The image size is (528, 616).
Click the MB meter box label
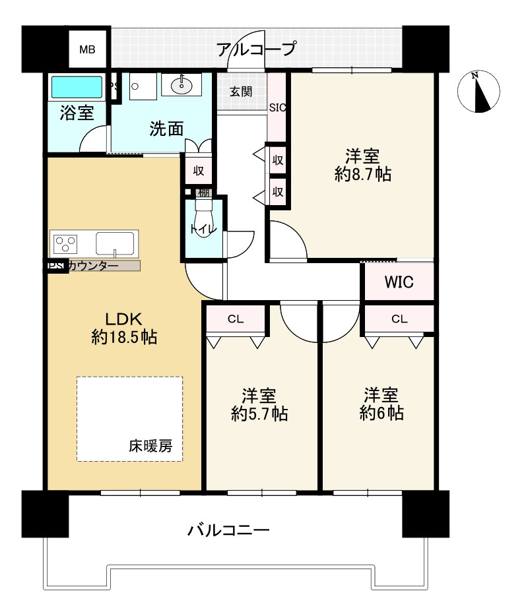pyautogui.click(x=87, y=49)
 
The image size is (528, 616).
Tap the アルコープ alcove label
pyautogui.click(x=255, y=49)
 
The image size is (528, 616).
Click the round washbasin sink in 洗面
pyautogui.click(x=181, y=84)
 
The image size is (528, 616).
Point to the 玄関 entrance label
pyautogui.click(x=240, y=92)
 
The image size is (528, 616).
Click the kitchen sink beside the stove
pyautogui.click(x=115, y=243)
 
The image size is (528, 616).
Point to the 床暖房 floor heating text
pyautogui.click(x=150, y=446)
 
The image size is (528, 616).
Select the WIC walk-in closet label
pyautogui.click(x=399, y=282)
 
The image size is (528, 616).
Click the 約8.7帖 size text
pyautogui.click(x=362, y=174)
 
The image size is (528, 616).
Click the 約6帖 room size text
pyautogui.click(x=381, y=414)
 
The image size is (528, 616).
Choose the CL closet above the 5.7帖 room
pyautogui.click(x=236, y=319)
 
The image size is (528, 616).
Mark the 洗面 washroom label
pyautogui.click(x=166, y=129)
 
